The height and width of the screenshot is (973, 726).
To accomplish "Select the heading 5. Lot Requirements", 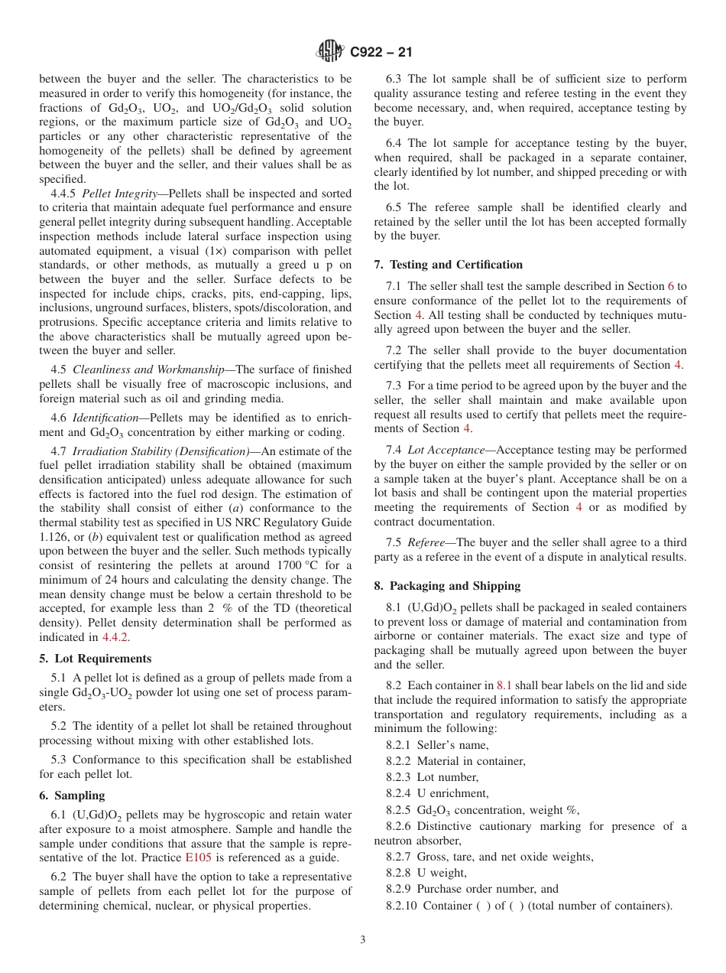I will pos(95,659).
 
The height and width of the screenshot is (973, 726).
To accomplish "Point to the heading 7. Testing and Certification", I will pos(448,265).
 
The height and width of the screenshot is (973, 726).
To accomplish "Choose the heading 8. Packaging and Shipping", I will pos(447,586).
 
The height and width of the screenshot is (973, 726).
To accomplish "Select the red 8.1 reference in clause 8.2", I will pos(505,686).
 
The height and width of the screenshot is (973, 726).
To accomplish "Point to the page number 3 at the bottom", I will pos(363,940).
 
